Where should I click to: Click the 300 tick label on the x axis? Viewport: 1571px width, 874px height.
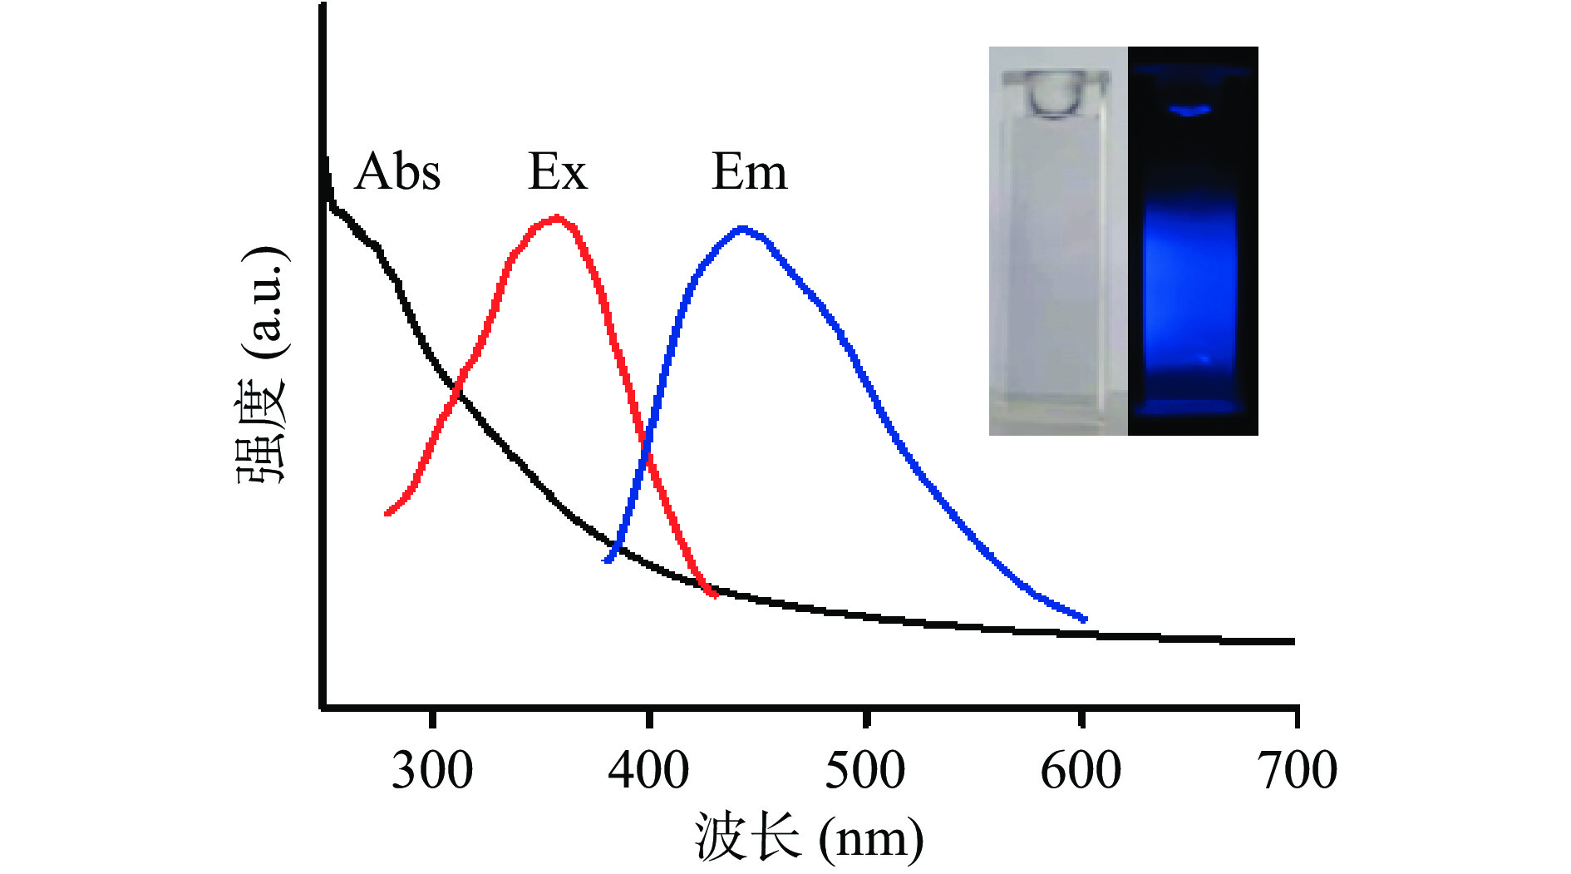[x=432, y=770]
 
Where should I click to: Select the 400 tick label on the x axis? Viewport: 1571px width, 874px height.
[x=648, y=770]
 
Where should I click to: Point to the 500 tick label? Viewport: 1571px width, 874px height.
[x=864, y=770]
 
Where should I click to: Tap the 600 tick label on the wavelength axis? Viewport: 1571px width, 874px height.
[x=1081, y=770]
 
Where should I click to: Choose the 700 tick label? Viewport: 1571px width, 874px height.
[x=1298, y=770]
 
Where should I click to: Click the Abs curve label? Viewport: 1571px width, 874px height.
[x=397, y=172]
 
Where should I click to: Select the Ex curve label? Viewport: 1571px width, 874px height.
[x=557, y=172]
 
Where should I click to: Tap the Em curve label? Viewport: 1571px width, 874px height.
[x=749, y=172]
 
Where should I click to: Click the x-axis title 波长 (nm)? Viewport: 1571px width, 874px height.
[x=808, y=837]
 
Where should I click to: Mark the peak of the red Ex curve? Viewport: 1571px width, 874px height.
[x=556, y=219]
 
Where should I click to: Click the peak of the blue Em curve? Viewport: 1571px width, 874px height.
[x=742, y=228]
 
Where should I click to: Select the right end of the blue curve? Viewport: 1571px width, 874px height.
[x=1084, y=619]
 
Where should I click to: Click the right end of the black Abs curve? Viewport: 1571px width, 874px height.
[x=1292, y=641]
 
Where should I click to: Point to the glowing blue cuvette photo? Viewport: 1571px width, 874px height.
[x=1193, y=241]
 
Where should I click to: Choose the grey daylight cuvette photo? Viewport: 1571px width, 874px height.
[x=1057, y=241]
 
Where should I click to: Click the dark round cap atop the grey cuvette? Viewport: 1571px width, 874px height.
[x=1055, y=93]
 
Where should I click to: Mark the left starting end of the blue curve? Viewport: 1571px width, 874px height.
[x=608, y=560]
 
